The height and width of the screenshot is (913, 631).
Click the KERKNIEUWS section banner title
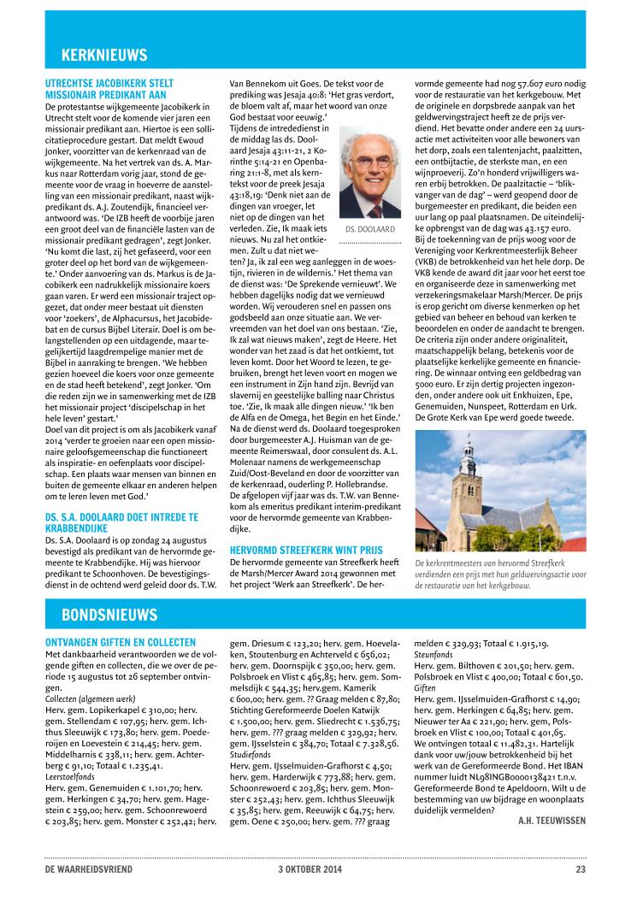click(104, 56)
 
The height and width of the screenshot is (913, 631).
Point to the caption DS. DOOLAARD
click(369, 230)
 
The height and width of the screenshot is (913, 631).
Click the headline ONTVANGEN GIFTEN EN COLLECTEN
click(120, 642)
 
